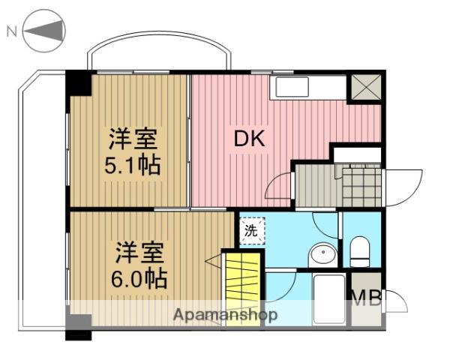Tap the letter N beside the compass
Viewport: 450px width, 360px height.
[11, 31]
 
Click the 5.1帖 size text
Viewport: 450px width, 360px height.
[132, 165]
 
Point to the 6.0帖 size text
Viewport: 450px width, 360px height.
[139, 278]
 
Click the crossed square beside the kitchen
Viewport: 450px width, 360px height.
[366, 88]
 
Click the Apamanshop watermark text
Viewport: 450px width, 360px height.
[225, 315]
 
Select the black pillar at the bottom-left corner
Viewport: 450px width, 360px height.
[77, 325]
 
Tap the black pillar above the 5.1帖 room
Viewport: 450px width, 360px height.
[78, 82]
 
